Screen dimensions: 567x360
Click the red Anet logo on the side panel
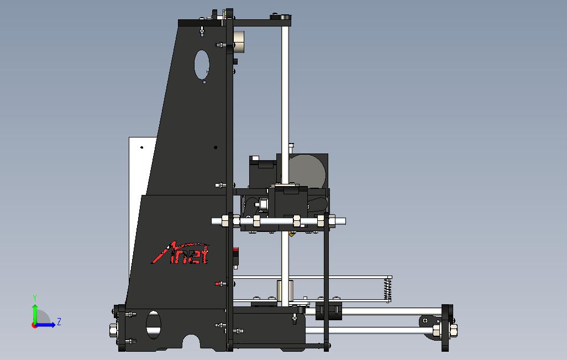180,253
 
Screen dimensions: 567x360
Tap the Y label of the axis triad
35,298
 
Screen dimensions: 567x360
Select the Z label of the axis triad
59,321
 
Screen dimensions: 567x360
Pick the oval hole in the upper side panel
202,65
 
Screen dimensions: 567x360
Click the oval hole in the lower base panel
153,325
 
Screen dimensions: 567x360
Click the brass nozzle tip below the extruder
291,235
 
